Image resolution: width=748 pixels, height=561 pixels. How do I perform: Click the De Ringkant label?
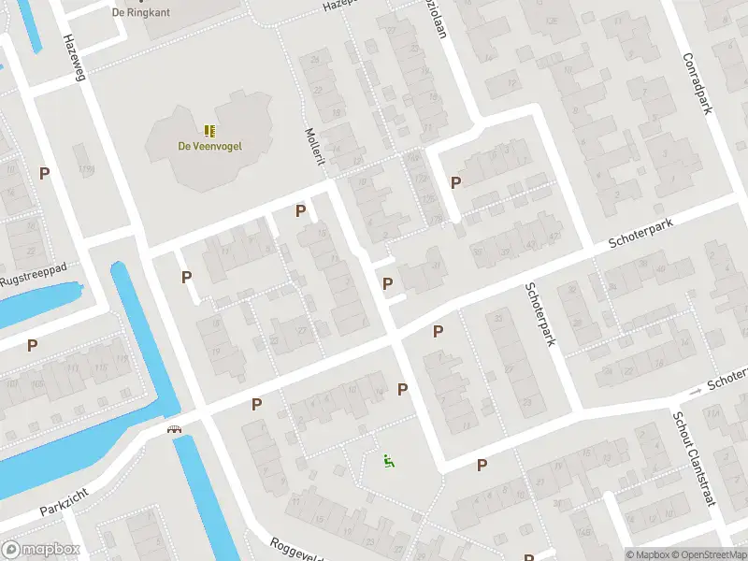coord(131,12)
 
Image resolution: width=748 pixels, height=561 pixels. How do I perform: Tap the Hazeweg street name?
coord(74,58)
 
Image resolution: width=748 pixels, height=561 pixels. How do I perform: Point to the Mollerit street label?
coord(314,147)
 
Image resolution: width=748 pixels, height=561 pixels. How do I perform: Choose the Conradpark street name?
coord(696,82)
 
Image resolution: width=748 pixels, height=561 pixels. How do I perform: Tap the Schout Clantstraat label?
coord(694,458)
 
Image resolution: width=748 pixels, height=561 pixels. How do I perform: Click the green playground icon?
coord(388,459)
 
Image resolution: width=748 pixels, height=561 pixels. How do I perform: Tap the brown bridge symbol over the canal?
coord(174,429)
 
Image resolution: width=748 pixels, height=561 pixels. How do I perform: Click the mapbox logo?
coord(40,550)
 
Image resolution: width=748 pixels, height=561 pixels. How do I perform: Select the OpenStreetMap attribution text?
coord(712,554)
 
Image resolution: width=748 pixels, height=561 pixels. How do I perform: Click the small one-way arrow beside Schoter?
coord(695,390)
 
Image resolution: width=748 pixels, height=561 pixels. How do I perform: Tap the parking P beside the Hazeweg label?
coord(44,173)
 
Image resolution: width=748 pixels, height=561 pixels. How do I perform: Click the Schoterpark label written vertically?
coord(539,314)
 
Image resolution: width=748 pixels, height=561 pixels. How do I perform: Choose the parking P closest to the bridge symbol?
coord(256,404)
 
